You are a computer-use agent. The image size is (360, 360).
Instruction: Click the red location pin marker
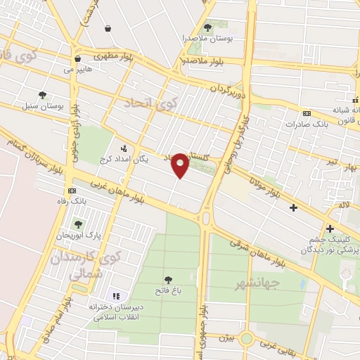point(180,165)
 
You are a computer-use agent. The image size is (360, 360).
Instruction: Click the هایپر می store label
point(78,70)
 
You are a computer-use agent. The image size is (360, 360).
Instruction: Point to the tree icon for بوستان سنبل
point(43,95)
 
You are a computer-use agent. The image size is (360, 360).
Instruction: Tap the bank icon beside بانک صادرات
point(307,113)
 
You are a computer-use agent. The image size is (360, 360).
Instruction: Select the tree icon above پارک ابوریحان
point(78,224)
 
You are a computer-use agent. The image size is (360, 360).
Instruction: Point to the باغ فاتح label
point(167,290)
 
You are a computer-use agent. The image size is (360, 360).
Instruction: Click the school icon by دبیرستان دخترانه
point(116,296)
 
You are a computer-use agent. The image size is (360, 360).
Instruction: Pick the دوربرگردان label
point(229,90)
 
